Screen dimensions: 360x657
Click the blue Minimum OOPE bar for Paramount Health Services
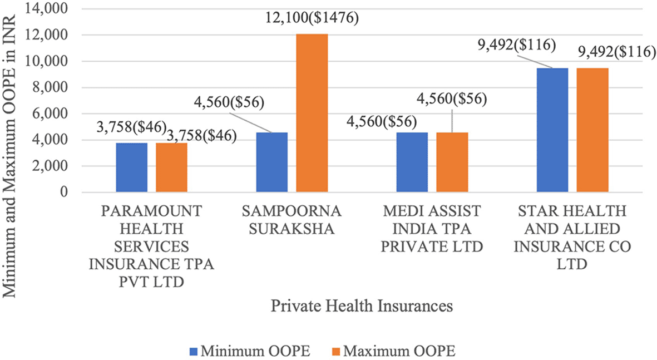pos(132,167)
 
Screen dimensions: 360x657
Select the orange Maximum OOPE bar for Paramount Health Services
pos(171,167)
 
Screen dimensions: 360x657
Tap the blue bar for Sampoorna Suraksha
pos(271,162)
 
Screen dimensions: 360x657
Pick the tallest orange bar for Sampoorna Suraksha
pos(312,114)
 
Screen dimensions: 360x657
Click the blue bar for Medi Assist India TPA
pos(412,162)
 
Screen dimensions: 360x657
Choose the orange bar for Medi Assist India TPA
pos(452,162)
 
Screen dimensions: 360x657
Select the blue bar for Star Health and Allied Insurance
pos(552,130)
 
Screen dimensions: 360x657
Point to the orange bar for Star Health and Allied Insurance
pos(592,130)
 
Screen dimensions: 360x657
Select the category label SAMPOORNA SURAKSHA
pos(291,220)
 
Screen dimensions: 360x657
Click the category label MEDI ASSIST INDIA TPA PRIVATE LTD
pos(431,228)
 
